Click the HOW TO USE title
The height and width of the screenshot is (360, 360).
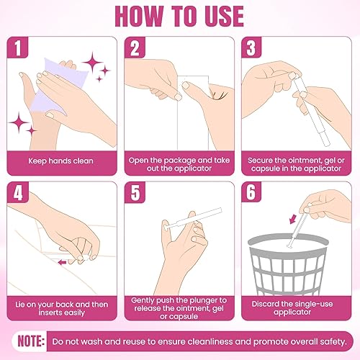(180, 15)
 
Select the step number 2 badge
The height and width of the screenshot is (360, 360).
(135, 49)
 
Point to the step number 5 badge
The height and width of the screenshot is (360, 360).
(135, 194)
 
